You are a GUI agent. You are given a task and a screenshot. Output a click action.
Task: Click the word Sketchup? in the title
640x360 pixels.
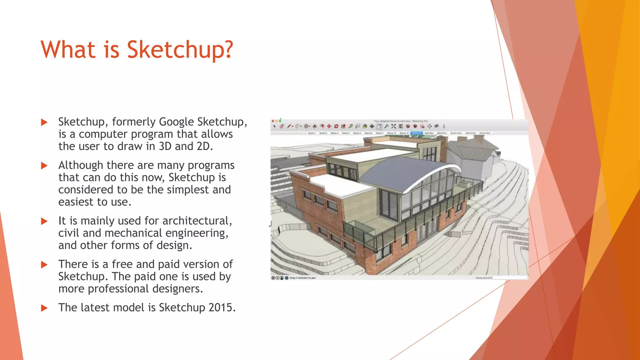pyautogui.click(x=180, y=50)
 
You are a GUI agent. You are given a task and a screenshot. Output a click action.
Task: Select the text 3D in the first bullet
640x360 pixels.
pyautogui.click(x=165, y=146)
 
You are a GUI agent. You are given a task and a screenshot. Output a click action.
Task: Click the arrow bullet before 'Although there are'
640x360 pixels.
pyautogui.click(x=44, y=166)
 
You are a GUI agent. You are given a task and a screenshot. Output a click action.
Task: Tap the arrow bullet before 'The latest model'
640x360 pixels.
pyautogui.click(x=44, y=308)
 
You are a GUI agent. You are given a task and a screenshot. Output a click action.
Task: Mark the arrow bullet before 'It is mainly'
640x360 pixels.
pyautogui.click(x=44, y=221)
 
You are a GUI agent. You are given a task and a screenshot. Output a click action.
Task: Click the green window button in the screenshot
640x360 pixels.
pyautogui.click(x=280, y=121)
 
